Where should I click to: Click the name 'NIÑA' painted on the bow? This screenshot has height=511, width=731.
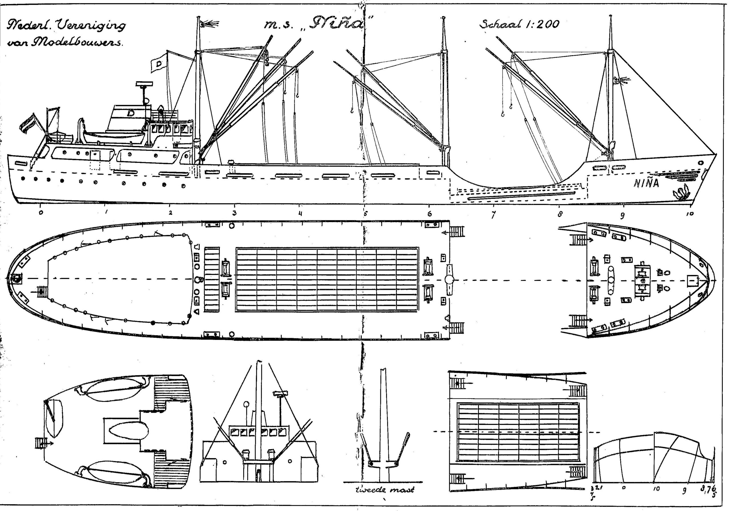pyautogui.click(x=646, y=183)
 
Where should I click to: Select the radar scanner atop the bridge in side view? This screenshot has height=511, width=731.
pyautogui.click(x=144, y=84)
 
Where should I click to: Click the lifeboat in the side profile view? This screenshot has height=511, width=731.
pyautogui.click(x=115, y=137)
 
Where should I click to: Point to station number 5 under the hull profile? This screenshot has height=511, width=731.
pyautogui.click(x=365, y=213)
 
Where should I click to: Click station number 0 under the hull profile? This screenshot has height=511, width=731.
pyautogui.click(x=41, y=213)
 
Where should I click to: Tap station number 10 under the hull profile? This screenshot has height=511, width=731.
pyautogui.click(x=690, y=214)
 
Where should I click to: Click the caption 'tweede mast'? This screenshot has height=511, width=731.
pyautogui.click(x=385, y=490)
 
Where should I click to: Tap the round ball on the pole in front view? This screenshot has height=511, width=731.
pyautogui.click(x=246, y=404)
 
